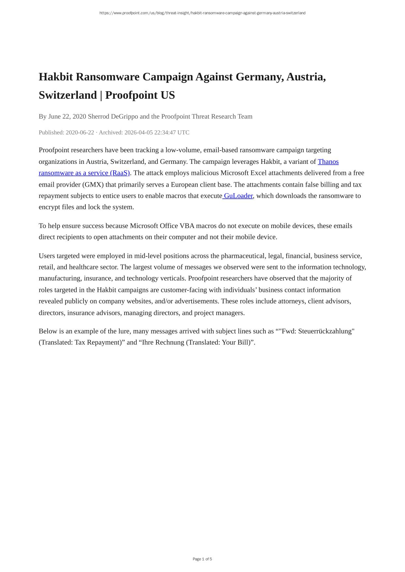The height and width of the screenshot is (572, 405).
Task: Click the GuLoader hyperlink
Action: click(x=238, y=196)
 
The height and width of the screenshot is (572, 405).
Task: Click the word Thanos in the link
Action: click(x=328, y=162)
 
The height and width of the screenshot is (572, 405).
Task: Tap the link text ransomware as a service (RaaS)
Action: click(x=84, y=173)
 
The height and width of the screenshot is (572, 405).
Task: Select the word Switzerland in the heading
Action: click(x=68, y=95)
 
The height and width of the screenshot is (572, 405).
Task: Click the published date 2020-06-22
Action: click(x=80, y=133)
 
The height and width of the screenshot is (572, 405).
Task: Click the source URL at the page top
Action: click(x=202, y=13)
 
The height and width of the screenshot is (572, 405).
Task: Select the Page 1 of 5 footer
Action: click(x=202, y=559)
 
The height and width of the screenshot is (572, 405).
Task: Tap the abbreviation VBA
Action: click(x=187, y=226)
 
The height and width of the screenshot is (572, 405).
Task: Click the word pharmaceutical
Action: click(x=243, y=256)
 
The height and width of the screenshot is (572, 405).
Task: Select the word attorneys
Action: click(x=291, y=301)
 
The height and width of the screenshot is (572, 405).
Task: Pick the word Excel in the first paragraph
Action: click(x=258, y=173)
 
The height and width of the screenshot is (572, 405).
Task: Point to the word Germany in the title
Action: click(x=259, y=77)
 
